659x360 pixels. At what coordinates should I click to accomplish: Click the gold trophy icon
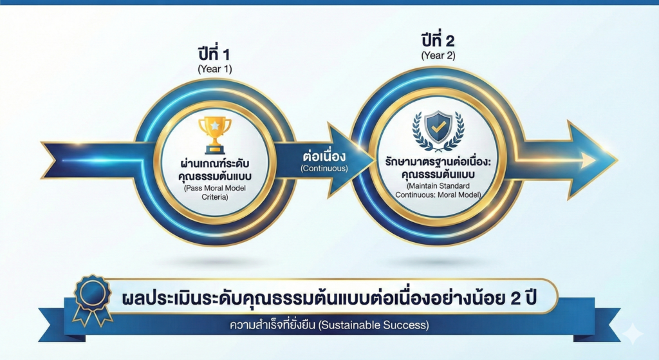pyautogui.click(x=215, y=135)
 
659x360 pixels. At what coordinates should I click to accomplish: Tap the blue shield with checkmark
pyautogui.click(x=438, y=128)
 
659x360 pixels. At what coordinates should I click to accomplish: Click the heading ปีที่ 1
pyautogui.click(x=214, y=54)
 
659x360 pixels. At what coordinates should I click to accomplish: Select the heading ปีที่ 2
pyautogui.click(x=438, y=41)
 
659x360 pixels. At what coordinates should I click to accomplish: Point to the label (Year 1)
pyautogui.click(x=215, y=69)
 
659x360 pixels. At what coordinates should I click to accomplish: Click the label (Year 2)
pyautogui.click(x=438, y=55)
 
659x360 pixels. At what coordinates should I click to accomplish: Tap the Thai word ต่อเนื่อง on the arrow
pyautogui.click(x=324, y=156)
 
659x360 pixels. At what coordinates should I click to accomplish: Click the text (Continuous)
pyautogui.click(x=324, y=169)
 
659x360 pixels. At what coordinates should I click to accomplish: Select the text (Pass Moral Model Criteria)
pyautogui.click(x=215, y=193)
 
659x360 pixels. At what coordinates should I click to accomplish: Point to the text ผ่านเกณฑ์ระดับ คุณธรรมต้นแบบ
pyautogui.click(x=215, y=169)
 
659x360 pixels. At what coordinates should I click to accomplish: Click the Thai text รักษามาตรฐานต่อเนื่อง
pyautogui.click(x=438, y=162)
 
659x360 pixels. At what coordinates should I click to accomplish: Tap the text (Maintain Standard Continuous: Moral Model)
pyautogui.click(x=438, y=190)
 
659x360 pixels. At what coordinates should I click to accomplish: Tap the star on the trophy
pyautogui.click(x=215, y=126)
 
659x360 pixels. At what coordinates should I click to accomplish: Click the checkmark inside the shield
pyautogui.click(x=438, y=128)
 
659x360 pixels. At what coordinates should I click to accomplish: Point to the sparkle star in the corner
pyautogui.click(x=633, y=335)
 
